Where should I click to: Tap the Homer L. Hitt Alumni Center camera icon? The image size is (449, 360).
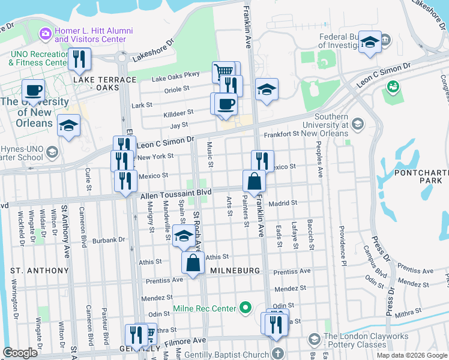point(46,34)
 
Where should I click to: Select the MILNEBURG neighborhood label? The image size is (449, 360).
point(235,271)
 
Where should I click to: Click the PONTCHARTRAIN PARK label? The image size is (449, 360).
point(420,179)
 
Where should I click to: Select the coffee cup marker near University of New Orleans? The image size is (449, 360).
point(33,91)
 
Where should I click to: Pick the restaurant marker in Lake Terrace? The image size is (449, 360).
point(79,59)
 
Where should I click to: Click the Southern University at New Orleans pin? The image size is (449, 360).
point(358,124)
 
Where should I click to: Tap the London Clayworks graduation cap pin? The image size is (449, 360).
point(315,340)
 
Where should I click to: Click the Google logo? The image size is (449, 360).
point(20,352)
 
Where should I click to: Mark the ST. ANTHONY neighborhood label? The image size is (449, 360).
point(40,271)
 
